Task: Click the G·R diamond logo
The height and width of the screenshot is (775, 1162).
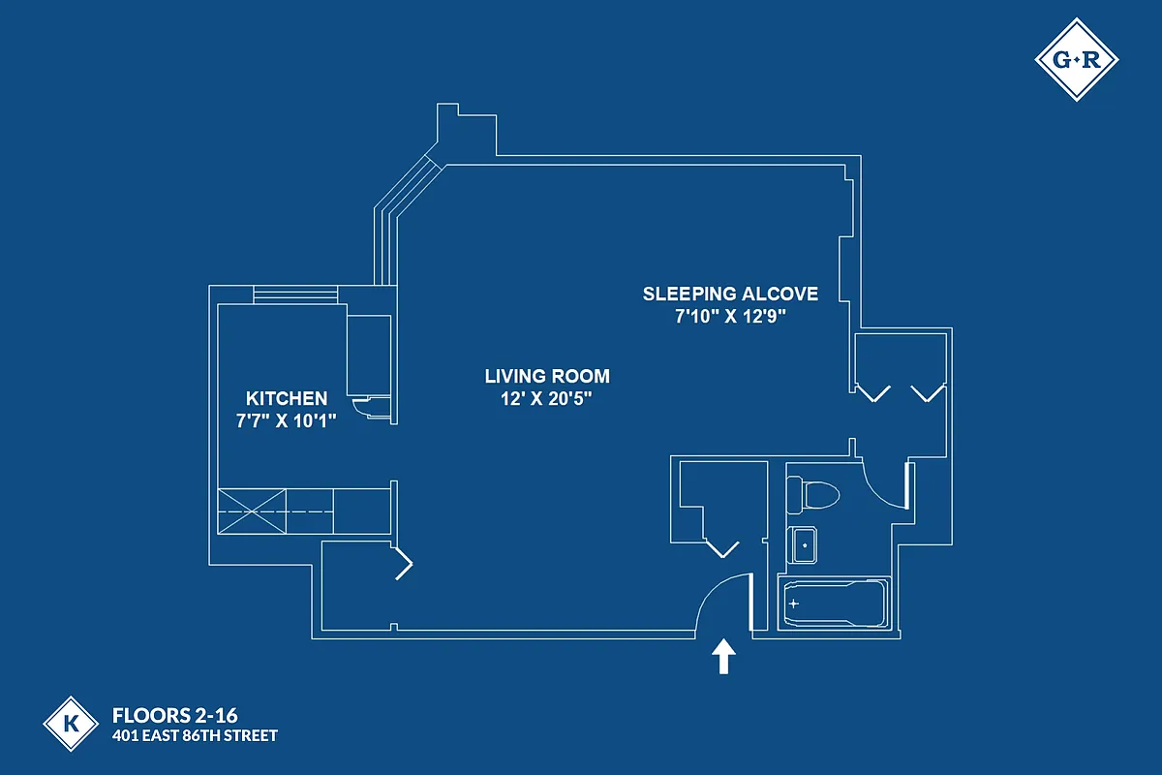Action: pos(1077,59)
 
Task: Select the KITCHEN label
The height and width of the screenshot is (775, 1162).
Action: pos(286,398)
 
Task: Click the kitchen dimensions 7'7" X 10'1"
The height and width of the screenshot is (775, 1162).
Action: pos(286,421)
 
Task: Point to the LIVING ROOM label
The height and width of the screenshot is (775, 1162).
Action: pos(547,376)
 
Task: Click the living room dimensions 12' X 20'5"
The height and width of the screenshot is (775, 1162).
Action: pos(547,399)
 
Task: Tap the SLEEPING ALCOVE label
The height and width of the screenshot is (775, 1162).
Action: pos(730,294)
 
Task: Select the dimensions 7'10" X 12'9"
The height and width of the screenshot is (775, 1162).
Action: pos(730,317)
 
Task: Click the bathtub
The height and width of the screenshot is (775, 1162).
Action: pos(834,604)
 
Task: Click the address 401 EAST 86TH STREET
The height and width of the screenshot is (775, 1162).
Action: pos(195,736)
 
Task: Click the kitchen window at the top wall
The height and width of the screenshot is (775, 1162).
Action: pos(294,294)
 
